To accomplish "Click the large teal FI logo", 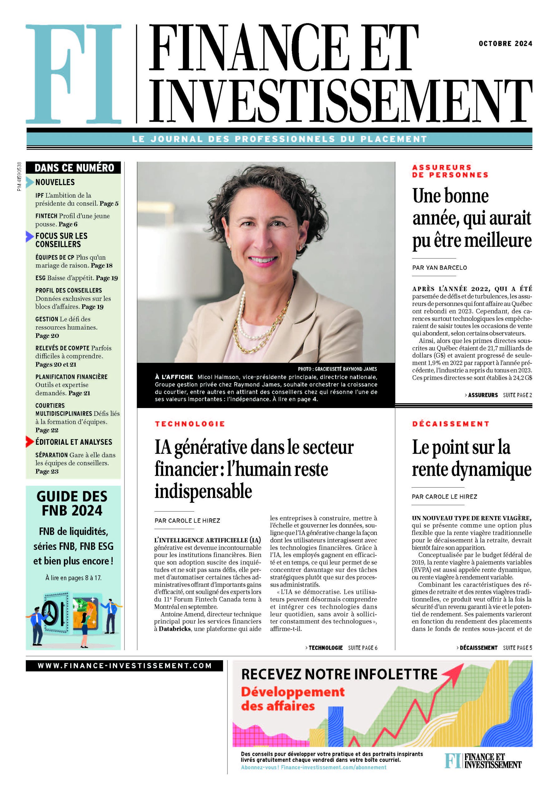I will tap(73, 74).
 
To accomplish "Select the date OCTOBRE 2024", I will tap(505, 43).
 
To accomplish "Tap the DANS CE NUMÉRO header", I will tap(74, 168).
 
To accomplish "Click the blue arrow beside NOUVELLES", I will tap(30, 182).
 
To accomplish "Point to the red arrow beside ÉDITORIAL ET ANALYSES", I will tap(30, 442).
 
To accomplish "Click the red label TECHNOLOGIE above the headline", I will tap(190, 424).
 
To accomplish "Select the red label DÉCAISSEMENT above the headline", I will tap(450, 424).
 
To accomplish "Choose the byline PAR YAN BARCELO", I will tap(439, 268).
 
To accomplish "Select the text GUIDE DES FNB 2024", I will tap(72, 503).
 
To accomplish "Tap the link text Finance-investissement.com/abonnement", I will tap(333, 767).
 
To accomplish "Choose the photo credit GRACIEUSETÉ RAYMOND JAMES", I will tap(337, 369).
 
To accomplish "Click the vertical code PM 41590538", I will tap(19, 176).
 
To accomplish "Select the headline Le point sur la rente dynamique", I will tap(471, 458).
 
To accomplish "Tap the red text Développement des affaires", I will tap(293, 699).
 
